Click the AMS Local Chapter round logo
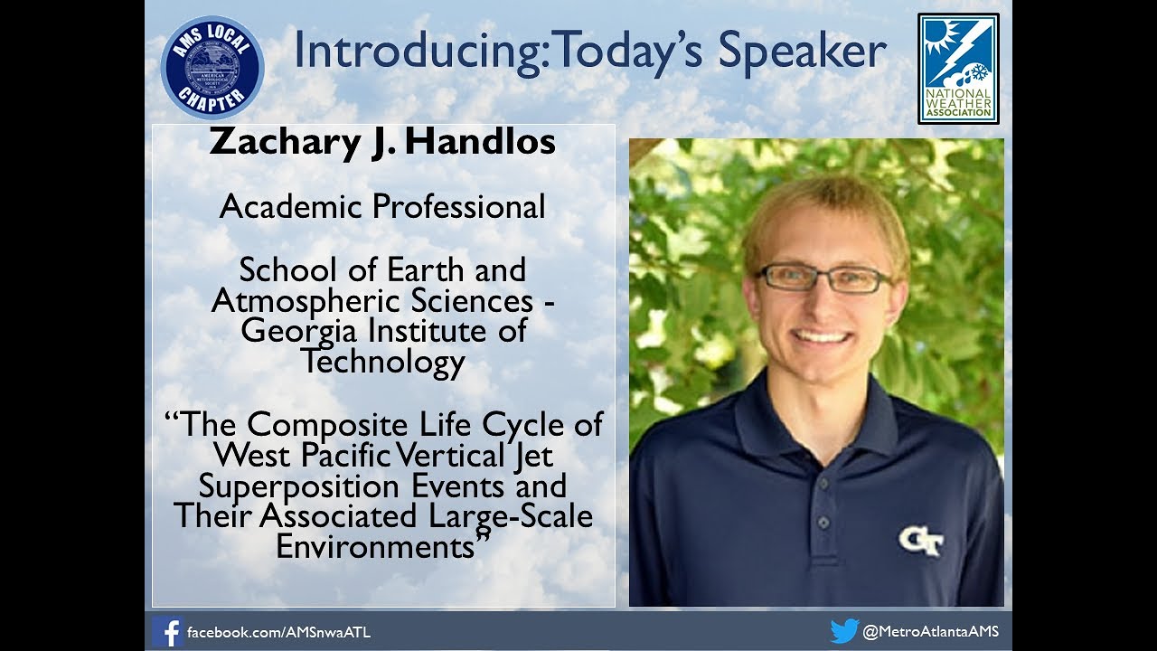point(212,68)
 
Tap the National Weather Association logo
point(958,68)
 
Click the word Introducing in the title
point(419,52)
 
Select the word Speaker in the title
point(802,52)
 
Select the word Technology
point(383,362)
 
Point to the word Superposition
point(298,486)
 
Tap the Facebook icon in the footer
point(167,631)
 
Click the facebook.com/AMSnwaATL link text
point(278,632)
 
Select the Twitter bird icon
point(843,631)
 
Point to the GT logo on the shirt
point(921,542)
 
